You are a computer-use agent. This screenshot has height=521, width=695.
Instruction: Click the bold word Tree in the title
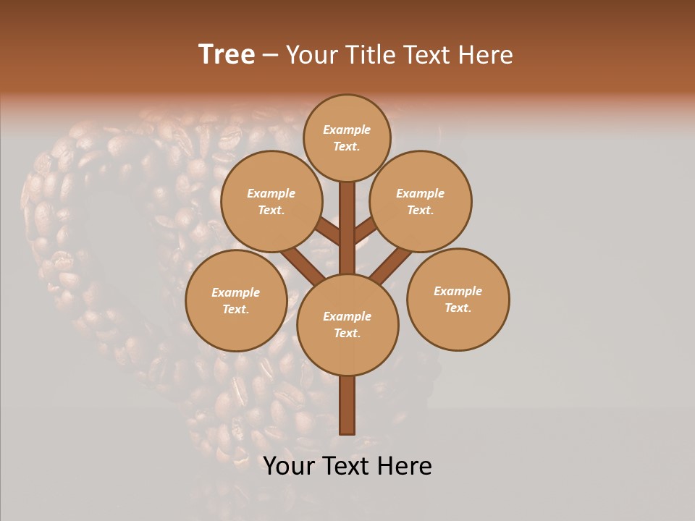227,54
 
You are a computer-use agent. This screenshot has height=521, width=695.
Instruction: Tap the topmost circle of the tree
347,137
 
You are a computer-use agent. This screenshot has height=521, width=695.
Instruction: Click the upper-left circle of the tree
271,201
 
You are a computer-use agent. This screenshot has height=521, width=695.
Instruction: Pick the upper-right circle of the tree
421,201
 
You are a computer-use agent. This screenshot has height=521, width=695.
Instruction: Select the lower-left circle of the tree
236,300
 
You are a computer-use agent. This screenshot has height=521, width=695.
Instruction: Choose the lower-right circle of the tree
458,299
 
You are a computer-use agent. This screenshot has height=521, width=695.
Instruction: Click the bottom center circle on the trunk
347,324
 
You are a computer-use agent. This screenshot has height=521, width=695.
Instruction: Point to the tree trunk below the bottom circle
347,405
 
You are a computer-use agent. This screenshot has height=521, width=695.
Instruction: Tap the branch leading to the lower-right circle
391,264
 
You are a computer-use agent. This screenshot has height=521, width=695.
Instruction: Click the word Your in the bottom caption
289,466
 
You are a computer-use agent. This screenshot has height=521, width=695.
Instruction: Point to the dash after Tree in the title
271,56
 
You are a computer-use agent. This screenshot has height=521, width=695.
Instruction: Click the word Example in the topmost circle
347,130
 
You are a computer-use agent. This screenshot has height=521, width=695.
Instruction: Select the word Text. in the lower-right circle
458,308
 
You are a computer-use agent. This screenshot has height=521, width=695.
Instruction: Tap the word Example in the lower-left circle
236,292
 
